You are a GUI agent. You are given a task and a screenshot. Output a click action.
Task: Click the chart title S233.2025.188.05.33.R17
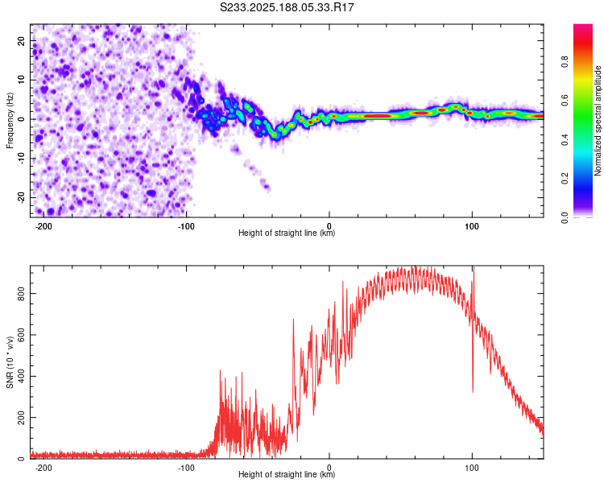pos(287,7)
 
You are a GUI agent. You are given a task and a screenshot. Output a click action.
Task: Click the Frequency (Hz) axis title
pos(10,121)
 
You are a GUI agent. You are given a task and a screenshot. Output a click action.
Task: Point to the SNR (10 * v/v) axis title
pos(10,362)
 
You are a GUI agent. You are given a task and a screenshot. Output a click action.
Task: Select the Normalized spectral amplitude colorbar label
pos(598,121)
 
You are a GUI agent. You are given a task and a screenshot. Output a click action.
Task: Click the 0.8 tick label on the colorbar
pos(565,62)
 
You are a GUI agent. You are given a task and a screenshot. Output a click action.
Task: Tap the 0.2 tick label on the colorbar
pos(565,179)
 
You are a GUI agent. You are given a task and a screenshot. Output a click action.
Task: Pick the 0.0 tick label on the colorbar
pos(565,217)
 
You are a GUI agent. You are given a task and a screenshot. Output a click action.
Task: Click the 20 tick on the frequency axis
pos(21,41)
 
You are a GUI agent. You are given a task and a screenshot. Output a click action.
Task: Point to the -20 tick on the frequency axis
pos(21,197)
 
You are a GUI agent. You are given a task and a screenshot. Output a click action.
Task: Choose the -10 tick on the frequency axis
pos(21,159)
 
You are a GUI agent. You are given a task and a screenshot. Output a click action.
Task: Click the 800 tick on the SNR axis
pos(21,294)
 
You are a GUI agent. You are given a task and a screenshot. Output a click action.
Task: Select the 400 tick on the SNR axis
pos(21,376)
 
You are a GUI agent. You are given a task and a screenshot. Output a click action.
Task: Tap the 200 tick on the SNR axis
pos(21,418)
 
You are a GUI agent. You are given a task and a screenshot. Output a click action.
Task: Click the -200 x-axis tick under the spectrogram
pos(43,226)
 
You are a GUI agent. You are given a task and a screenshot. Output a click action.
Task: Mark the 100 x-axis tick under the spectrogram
pos(472,226)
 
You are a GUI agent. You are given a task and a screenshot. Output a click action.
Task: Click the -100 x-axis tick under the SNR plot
pos(186,468)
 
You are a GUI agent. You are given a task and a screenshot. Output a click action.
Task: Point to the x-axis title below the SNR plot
pos(287,474)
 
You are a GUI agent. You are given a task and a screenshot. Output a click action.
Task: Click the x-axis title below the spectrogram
pos(287,233)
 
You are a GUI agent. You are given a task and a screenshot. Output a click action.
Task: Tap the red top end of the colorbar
pos(583,26)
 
